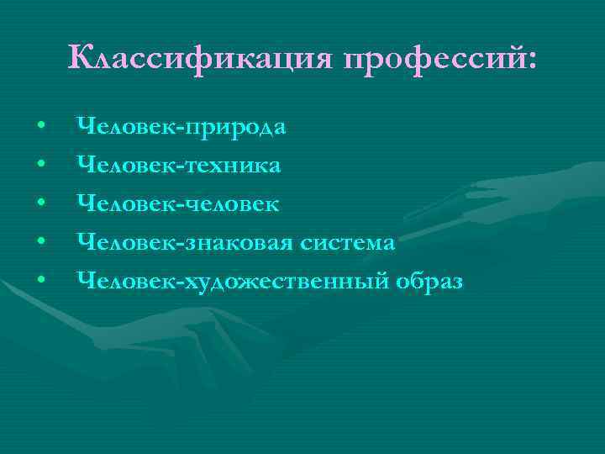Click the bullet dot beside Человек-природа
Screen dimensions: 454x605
[41, 129]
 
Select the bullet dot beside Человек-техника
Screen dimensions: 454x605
[41, 166]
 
